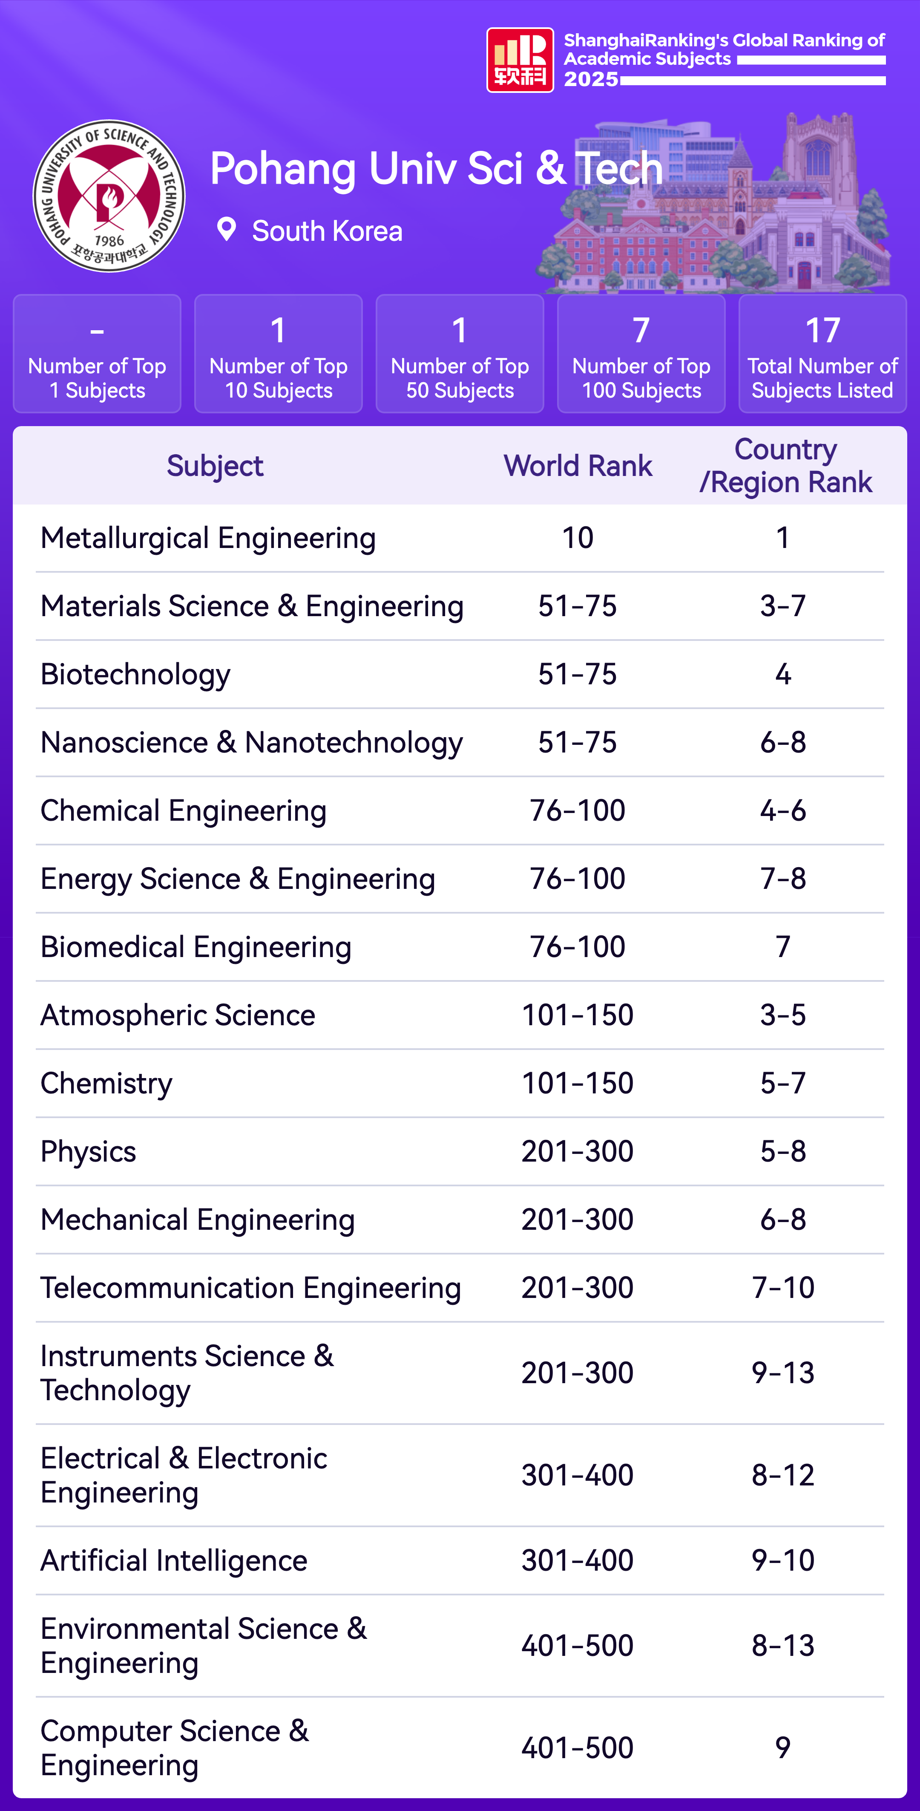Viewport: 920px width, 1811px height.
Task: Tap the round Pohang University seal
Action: [109, 196]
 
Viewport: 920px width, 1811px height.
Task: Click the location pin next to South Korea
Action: [226, 229]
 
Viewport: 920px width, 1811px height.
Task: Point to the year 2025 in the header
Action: [590, 79]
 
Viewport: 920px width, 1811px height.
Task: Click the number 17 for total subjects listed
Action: [822, 330]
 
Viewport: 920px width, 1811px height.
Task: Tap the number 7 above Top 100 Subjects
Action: [641, 330]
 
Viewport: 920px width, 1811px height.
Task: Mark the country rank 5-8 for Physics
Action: [783, 1151]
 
